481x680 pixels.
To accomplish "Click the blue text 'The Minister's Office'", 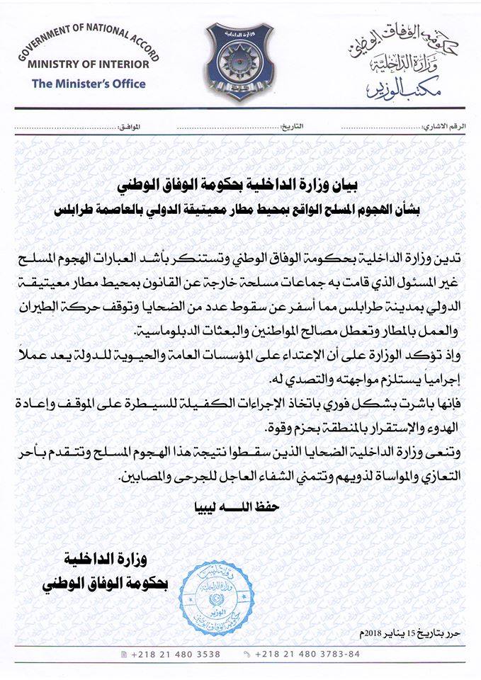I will point(89,84).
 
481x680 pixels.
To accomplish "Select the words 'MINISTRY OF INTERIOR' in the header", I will point(89,64).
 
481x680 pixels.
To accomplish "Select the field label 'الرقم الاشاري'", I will point(445,125).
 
